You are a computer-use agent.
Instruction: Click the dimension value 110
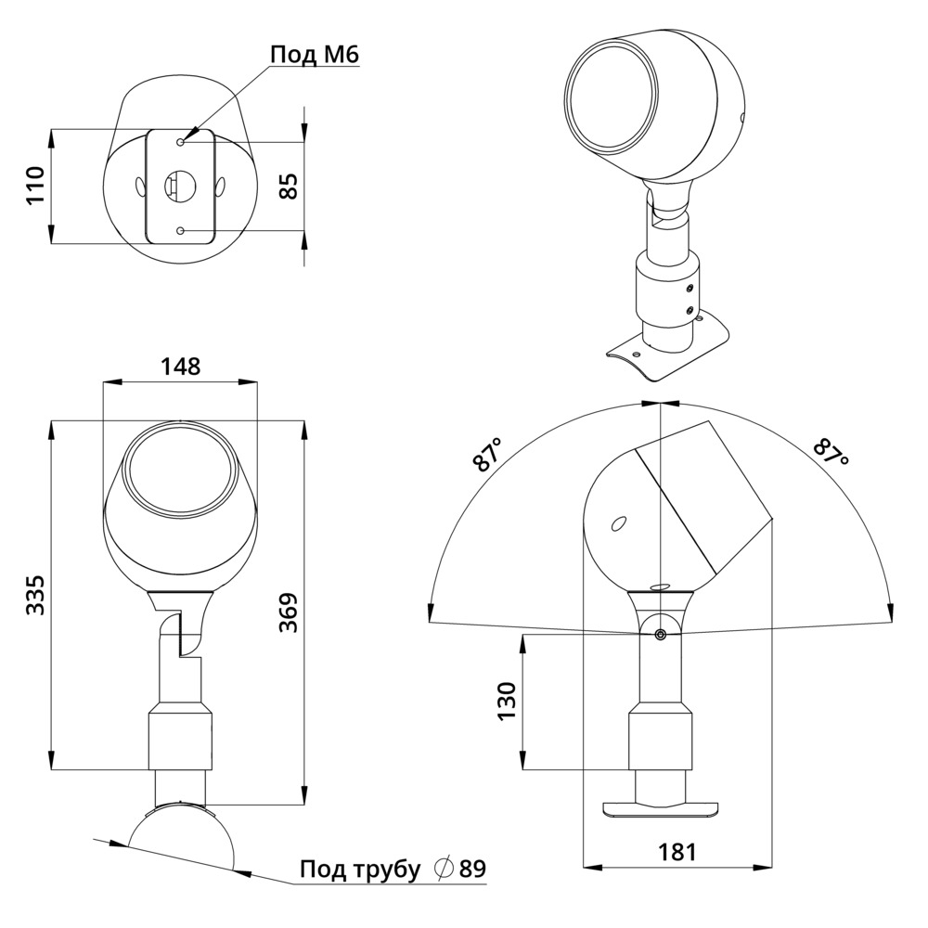pyautogui.click(x=36, y=186)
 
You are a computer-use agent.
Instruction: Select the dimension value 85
pyautogui.click(x=289, y=186)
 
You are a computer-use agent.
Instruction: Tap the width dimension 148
pyautogui.click(x=181, y=367)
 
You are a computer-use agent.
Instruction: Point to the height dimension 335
pyautogui.click(x=36, y=594)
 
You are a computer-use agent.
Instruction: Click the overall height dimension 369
pyautogui.click(x=289, y=613)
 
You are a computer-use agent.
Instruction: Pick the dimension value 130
pyautogui.click(x=508, y=702)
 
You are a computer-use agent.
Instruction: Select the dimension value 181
pyautogui.click(x=677, y=852)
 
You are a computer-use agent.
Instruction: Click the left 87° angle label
pyautogui.click(x=488, y=455)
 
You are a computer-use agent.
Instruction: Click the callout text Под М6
pyautogui.click(x=315, y=55)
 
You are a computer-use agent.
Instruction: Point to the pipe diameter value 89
pyautogui.click(x=472, y=869)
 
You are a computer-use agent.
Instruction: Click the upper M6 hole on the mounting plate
pyautogui.click(x=181, y=141)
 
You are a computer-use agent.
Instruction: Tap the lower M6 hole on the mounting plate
pyautogui.click(x=181, y=231)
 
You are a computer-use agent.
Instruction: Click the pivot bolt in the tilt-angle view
pyautogui.click(x=660, y=635)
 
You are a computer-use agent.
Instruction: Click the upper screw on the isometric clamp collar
pyautogui.click(x=689, y=289)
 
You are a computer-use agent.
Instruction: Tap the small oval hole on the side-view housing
pyautogui.click(x=619, y=523)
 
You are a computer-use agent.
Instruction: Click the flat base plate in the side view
pyautogui.click(x=660, y=808)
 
